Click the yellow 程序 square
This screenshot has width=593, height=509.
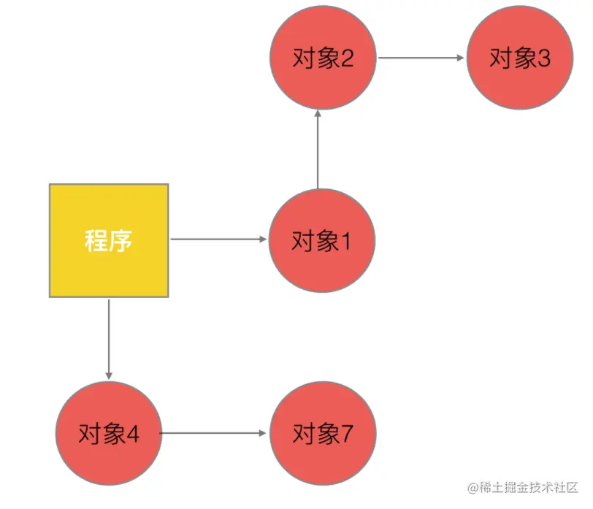(x=109, y=240)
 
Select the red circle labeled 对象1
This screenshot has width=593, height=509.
(x=322, y=241)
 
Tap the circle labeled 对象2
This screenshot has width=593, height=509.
(x=323, y=58)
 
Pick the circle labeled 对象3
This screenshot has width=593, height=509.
(x=520, y=58)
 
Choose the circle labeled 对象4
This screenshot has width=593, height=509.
(x=109, y=434)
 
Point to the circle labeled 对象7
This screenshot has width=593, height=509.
(x=323, y=434)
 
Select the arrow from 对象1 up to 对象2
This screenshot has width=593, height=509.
(x=318, y=150)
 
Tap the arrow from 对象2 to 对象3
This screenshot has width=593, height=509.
(x=421, y=58)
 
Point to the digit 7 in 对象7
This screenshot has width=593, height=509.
(x=346, y=435)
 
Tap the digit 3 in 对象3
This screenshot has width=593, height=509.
(x=543, y=58)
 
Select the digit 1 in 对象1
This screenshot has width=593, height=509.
(x=345, y=241)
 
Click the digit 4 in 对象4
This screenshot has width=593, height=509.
(x=132, y=435)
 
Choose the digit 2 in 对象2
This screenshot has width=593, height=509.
(x=346, y=58)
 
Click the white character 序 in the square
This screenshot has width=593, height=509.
(x=121, y=240)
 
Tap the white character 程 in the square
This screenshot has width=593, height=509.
(x=96, y=240)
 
